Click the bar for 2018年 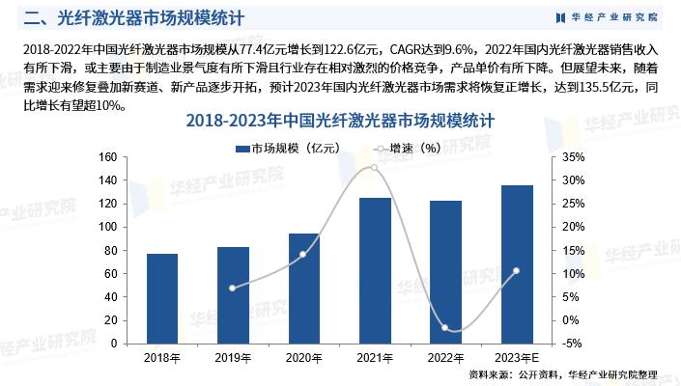pos(162,298)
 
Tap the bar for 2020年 pos(303,288)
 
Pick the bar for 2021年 pos(375,270)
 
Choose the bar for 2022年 pos(445,271)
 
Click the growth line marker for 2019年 pos(233,288)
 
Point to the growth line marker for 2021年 pos(375,168)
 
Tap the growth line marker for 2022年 pos(445,328)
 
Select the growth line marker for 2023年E pos(516,271)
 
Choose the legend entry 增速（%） pos(407,149)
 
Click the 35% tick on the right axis pos(573,157)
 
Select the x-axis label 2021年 pos(375,358)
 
